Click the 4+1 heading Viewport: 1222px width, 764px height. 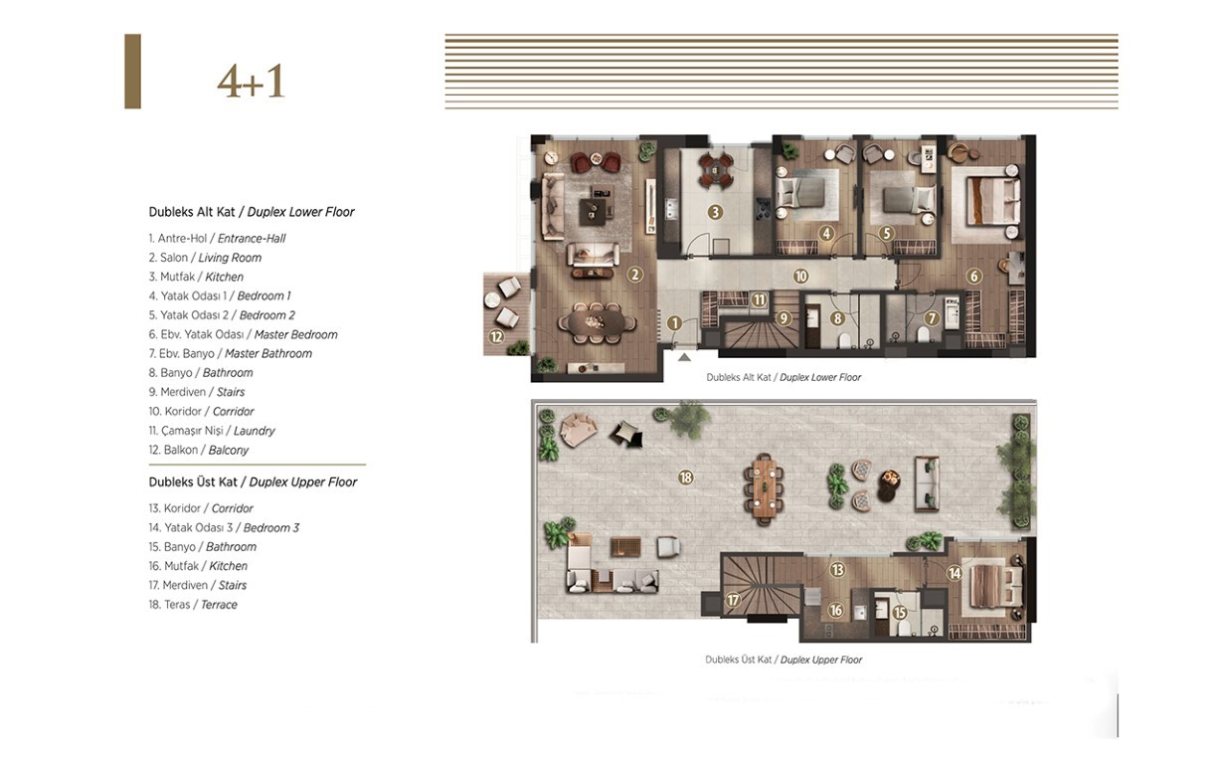pos(251,82)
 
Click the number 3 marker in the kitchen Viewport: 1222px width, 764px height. pos(715,212)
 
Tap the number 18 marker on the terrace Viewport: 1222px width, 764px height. pos(686,477)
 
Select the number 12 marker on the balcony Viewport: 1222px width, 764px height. pos(496,336)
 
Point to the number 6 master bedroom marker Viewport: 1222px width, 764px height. pos(974,277)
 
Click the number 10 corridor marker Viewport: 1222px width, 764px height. pos(800,277)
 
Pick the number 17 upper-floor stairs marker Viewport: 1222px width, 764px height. pos(733,600)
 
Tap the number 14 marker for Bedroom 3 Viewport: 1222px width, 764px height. pos(955,573)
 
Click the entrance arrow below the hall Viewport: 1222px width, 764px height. pos(684,357)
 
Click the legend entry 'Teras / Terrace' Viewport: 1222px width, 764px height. pos(193,605)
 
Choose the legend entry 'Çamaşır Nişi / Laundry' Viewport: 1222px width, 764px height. pos(212,431)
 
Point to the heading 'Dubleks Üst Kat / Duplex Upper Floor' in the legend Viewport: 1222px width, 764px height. pos(253,481)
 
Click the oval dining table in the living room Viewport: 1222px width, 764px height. pos(597,322)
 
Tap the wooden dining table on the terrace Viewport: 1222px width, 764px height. pos(764,487)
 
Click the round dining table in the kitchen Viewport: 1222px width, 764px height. pos(716,169)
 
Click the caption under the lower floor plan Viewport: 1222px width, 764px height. pos(784,377)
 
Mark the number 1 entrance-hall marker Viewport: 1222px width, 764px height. pos(675,323)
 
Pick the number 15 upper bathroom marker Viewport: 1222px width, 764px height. pos(900,613)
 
